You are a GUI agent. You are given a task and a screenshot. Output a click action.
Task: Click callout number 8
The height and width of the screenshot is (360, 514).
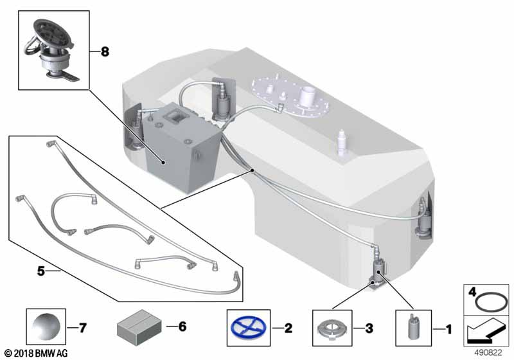pyautogui.click(x=105, y=53)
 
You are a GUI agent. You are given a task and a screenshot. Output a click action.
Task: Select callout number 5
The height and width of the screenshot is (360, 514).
pyautogui.click(x=40, y=272)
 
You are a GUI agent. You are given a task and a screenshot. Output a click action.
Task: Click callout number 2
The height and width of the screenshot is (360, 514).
pyautogui.click(x=288, y=328)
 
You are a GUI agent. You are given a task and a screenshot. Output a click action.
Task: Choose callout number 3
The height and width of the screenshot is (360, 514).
pyautogui.click(x=368, y=328)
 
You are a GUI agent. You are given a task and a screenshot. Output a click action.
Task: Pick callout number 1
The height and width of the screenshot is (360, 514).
pyautogui.click(x=448, y=328)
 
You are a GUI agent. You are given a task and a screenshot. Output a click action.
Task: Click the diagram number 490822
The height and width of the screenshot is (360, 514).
pyautogui.click(x=491, y=353)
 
